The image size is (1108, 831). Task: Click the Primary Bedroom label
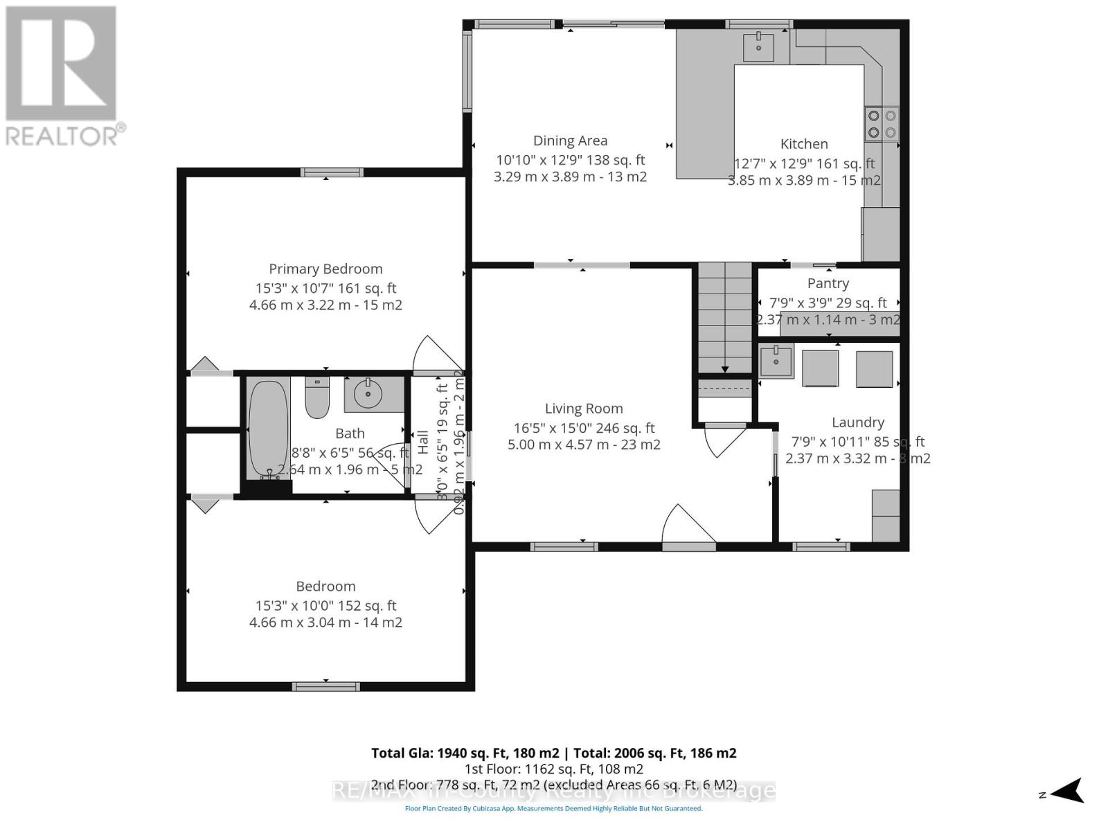click(325, 269)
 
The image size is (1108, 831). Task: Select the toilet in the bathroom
click(317, 397)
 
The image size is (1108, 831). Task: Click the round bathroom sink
click(368, 394)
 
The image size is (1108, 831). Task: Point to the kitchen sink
click(759, 46)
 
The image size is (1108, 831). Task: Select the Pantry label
click(828, 283)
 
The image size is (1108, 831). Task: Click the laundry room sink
click(776, 361)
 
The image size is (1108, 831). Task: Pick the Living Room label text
click(584, 409)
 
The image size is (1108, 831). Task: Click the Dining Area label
click(570, 141)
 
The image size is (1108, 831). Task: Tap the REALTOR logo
click(62, 76)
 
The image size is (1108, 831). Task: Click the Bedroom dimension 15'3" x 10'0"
click(325, 605)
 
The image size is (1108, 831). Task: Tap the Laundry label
click(857, 422)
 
